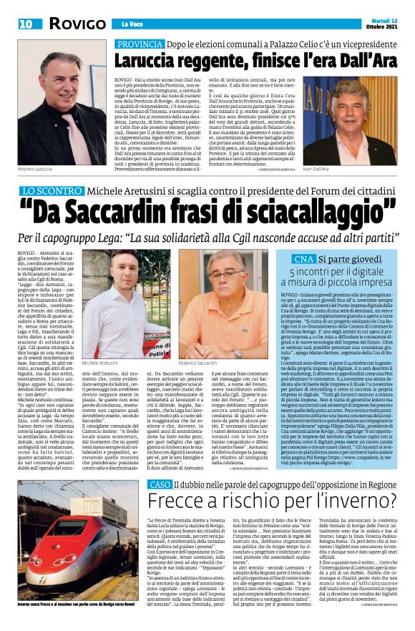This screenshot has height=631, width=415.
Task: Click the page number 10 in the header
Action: point(25,24)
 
